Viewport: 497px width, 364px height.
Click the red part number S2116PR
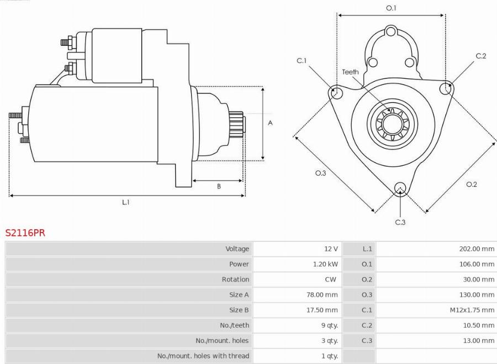[25, 233]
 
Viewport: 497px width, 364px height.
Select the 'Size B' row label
[239, 310]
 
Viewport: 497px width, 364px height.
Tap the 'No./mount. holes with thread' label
[203, 356]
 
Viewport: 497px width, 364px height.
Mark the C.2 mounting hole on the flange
[445, 87]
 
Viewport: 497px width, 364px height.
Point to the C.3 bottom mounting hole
[400, 188]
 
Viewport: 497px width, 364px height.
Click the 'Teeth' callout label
[350, 72]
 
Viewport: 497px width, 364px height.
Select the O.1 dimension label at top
[391, 8]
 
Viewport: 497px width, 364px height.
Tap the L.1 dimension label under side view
[126, 202]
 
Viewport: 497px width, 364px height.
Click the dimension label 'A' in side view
[270, 123]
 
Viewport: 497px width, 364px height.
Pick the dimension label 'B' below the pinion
[219, 187]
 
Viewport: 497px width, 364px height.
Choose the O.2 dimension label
[471, 184]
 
